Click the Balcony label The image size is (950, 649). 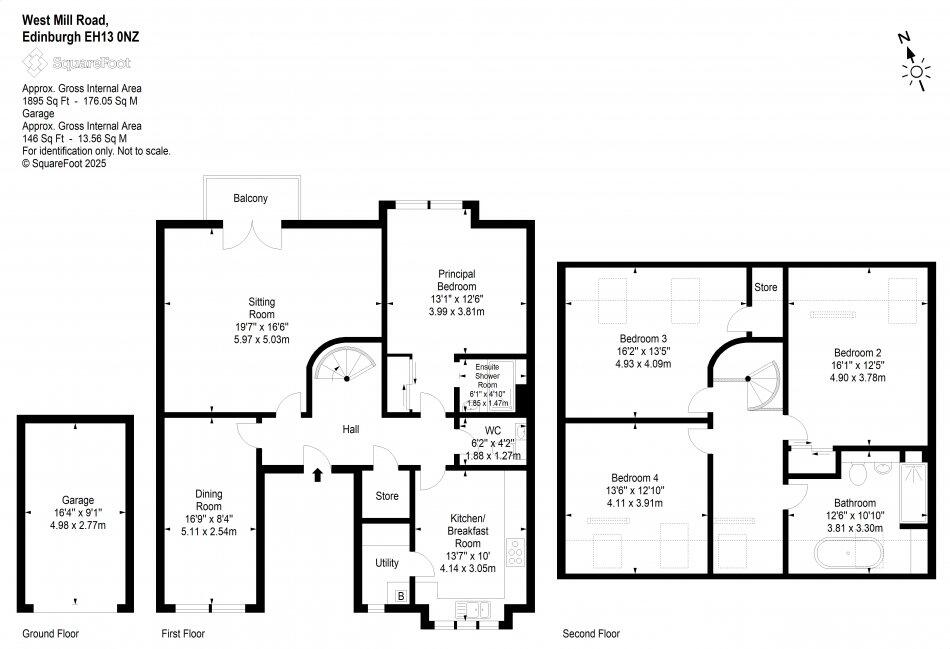tap(251, 199)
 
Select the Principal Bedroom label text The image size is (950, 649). tap(455, 280)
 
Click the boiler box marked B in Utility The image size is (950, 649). tap(402, 596)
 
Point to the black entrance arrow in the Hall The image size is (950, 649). tap(317, 474)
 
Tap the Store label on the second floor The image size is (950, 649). tap(765, 288)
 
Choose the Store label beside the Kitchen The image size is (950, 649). tap(387, 496)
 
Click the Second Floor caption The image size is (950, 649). tap(589, 633)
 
